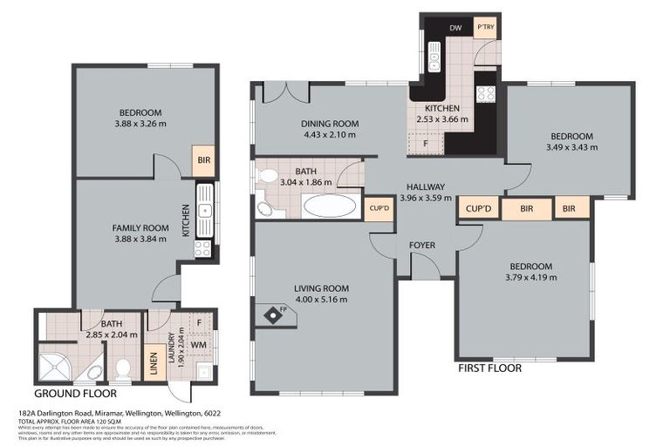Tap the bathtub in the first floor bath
[x=329, y=206]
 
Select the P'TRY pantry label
[x=485, y=28]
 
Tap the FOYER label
[x=422, y=245]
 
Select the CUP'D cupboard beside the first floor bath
[x=379, y=209]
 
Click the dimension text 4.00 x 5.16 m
[x=323, y=300]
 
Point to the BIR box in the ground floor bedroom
[x=204, y=161]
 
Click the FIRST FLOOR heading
[x=489, y=368]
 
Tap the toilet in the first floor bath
[x=268, y=176]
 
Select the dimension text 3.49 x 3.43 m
[x=571, y=147]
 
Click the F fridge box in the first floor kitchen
[x=424, y=143]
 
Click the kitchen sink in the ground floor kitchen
[x=204, y=210]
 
